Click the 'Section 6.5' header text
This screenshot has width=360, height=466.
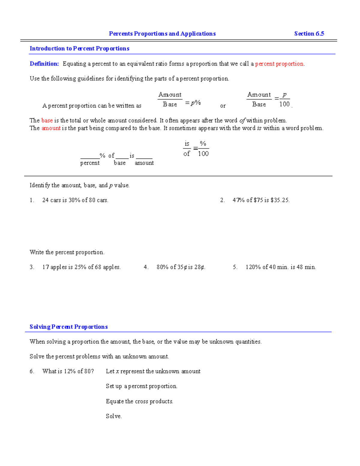tap(309, 34)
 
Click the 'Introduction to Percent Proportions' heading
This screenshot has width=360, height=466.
tap(79, 49)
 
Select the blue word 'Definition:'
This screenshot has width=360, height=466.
tap(44, 64)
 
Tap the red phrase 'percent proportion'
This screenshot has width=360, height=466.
tap(279, 64)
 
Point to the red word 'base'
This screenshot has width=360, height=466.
tap(47, 120)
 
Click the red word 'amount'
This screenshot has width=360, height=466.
tap(51, 128)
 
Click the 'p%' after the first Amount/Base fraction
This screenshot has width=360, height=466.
tap(196, 103)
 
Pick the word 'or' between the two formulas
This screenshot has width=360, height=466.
tap(223, 106)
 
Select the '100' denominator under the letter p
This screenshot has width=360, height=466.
tap(284, 104)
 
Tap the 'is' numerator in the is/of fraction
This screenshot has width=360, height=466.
tap(187, 144)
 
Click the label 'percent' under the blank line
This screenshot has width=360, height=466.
tap(90, 163)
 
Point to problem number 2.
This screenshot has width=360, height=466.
tap(222, 200)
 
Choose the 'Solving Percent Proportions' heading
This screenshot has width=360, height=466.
tap(69, 327)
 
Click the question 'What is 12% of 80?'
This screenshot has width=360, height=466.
tap(68, 371)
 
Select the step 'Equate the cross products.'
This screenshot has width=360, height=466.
tap(139, 401)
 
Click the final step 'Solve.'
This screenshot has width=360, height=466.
tap(114, 416)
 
